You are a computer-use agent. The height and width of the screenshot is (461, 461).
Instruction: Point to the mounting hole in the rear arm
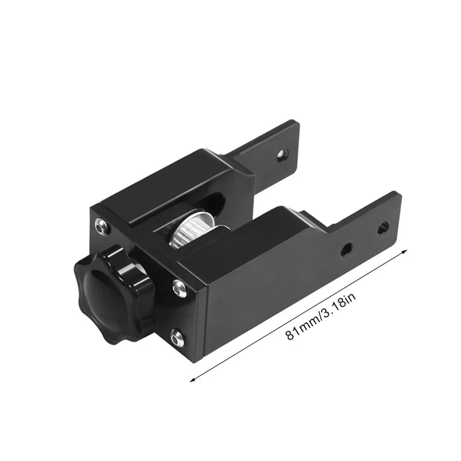click(283, 154)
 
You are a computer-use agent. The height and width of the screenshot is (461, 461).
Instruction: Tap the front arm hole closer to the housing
click(346, 249)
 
